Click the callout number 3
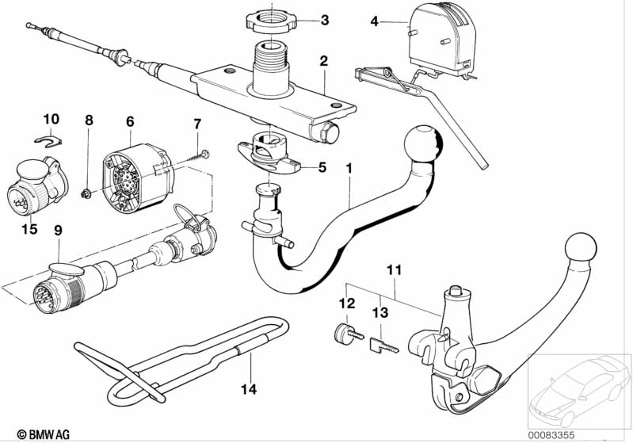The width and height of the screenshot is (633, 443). (325, 20)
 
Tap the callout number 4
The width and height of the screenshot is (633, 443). (375, 21)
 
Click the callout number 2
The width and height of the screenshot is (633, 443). (324, 61)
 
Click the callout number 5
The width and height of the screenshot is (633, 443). (322, 167)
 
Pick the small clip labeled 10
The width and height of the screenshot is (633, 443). (48, 140)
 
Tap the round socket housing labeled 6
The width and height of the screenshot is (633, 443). (137, 178)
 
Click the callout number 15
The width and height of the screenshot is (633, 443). (29, 229)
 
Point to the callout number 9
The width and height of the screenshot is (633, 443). (59, 231)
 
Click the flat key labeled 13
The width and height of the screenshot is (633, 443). (384, 346)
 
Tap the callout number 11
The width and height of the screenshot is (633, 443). (395, 269)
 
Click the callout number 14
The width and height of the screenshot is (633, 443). (249, 389)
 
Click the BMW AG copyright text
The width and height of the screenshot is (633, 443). (44, 434)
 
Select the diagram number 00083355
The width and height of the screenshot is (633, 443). (551, 435)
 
